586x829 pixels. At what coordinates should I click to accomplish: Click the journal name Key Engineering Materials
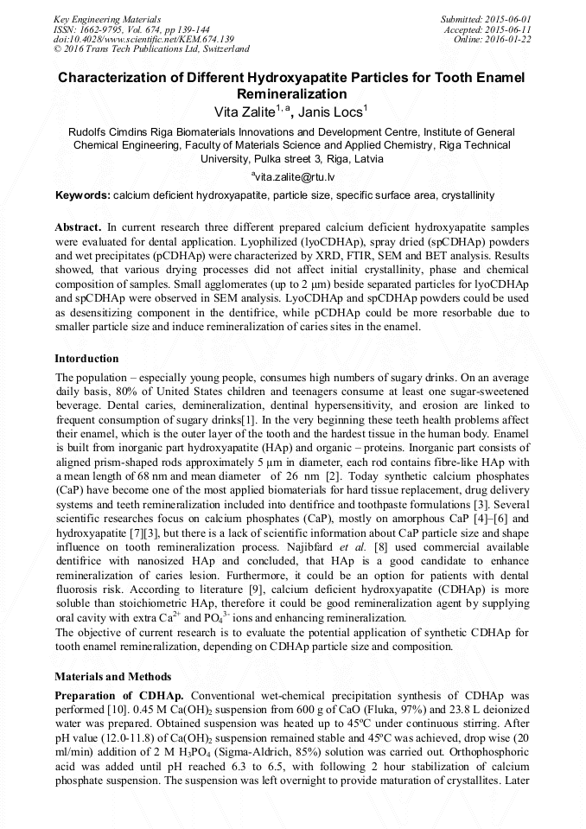click(108, 18)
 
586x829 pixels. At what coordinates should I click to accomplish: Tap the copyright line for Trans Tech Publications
click(151, 49)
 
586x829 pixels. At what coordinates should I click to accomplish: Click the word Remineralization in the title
click(292, 94)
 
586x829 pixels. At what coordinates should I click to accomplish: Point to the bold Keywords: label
click(82, 196)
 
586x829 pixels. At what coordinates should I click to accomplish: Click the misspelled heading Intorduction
click(87, 358)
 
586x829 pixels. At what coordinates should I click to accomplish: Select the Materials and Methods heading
click(112, 676)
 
